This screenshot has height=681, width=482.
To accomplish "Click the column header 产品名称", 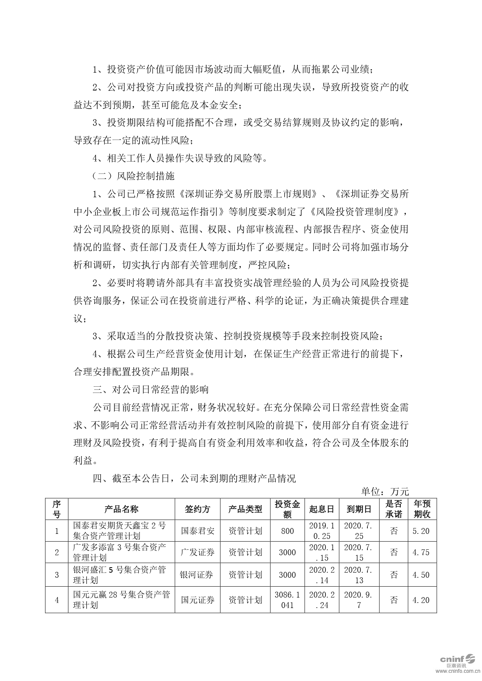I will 121,509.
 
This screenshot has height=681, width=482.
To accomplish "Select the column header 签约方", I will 197,509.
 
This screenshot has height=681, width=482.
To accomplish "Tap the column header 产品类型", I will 245,509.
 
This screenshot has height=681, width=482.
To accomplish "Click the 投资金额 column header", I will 287,509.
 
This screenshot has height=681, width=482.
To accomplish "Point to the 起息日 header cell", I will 322,509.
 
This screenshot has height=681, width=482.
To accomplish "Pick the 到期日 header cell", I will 359,509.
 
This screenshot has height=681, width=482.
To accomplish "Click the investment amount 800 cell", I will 287,531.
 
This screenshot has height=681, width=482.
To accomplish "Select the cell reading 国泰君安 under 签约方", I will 197,531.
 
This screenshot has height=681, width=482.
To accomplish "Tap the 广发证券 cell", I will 197,552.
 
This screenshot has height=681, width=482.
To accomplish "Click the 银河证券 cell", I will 197,575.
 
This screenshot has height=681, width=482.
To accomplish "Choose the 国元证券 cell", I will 197,600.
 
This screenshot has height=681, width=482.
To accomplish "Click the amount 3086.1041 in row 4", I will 287,600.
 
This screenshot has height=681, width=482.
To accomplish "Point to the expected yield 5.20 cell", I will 421,531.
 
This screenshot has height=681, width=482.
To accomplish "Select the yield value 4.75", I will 421,552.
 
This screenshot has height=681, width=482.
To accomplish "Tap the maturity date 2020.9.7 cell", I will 359,600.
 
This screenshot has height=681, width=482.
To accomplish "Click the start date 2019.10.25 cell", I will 322,531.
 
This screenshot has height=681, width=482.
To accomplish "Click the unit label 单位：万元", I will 385,492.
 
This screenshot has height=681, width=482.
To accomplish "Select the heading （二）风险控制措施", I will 134,176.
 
